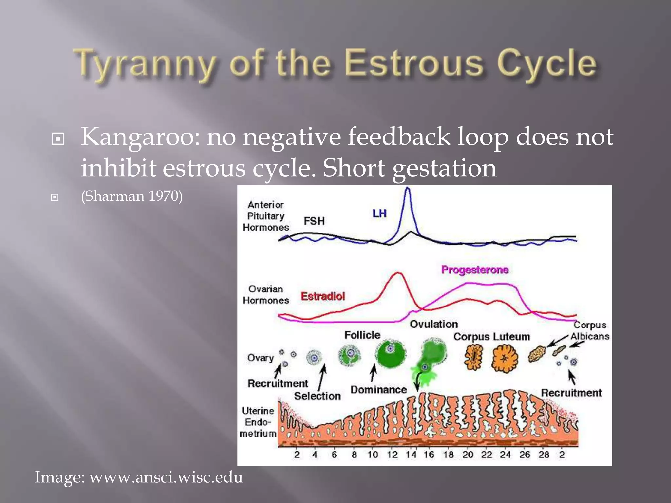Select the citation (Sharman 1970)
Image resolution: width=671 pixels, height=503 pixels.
coord(132,196)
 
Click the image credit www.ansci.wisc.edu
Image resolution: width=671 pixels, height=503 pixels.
coord(166,477)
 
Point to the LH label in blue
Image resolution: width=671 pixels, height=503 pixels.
coord(379,214)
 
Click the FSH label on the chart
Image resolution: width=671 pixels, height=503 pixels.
coord(314,221)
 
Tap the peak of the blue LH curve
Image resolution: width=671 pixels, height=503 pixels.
coord(407,188)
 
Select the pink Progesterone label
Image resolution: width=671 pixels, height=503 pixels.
coord(475,270)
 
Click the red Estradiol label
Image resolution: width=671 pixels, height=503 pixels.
coord(323,296)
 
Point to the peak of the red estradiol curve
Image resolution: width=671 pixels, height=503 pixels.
coord(398,273)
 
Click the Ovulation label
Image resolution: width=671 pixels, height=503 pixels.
coord(434,324)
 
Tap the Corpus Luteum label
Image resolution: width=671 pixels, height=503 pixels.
coord(491,336)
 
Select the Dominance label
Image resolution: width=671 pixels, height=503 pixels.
coord(378,390)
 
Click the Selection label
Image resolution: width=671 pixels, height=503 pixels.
coord(317,396)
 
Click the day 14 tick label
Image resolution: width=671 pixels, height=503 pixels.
coord(411,455)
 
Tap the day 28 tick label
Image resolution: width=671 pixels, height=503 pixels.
coord(544,455)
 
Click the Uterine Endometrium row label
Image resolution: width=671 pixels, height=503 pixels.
coord(258,422)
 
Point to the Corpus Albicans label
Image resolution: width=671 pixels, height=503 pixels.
coord(590,330)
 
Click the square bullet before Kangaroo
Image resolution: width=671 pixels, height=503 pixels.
coord(58,139)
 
